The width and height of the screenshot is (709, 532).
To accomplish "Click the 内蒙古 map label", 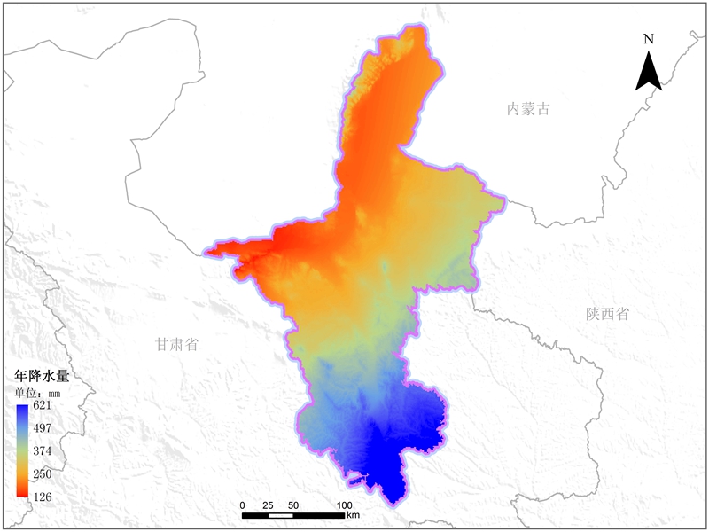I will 528,109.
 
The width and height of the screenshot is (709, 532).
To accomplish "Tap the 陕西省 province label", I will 607,314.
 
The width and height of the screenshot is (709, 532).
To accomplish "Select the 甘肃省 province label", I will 175,344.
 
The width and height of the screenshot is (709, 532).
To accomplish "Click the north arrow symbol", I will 649,70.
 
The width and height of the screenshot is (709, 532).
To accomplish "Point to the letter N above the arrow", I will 649,38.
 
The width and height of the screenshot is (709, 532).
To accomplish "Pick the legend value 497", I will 43,428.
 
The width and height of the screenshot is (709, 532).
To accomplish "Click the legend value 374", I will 43,450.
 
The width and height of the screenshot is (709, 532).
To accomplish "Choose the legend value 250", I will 43,473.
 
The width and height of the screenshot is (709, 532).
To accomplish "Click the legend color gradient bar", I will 22,450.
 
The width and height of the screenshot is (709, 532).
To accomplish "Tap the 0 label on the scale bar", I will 243,505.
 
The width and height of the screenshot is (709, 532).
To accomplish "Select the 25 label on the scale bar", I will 268,505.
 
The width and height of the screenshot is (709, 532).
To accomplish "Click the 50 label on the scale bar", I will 293,505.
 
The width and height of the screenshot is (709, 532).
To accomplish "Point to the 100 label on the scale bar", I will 344,505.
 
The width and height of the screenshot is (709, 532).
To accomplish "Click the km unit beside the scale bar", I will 354,515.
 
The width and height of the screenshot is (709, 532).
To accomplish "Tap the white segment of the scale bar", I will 281,515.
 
